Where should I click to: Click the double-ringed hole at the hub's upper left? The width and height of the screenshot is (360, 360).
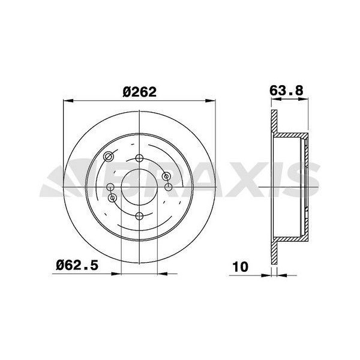(x=109, y=157)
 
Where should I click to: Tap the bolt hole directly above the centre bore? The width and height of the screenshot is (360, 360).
(x=139, y=158)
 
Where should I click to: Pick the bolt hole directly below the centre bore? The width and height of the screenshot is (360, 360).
(x=139, y=216)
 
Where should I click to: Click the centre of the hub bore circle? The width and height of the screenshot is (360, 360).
(x=139, y=187)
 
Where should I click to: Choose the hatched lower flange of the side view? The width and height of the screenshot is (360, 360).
(x=275, y=252)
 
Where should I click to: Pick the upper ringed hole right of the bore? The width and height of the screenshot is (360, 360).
(x=167, y=175)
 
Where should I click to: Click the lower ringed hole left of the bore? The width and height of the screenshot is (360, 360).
(x=111, y=197)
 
